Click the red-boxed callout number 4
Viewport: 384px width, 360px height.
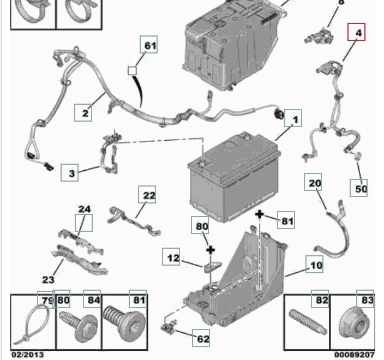(358, 34)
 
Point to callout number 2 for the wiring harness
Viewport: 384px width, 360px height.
(85, 113)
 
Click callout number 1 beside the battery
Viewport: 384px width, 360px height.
(295, 119)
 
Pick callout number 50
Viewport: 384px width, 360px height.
(361, 189)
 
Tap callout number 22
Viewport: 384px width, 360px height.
(149, 195)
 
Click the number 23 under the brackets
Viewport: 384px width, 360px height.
(49, 280)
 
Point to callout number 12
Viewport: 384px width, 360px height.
(173, 258)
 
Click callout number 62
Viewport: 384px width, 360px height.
(203, 339)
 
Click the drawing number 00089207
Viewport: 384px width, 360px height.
(356, 354)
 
